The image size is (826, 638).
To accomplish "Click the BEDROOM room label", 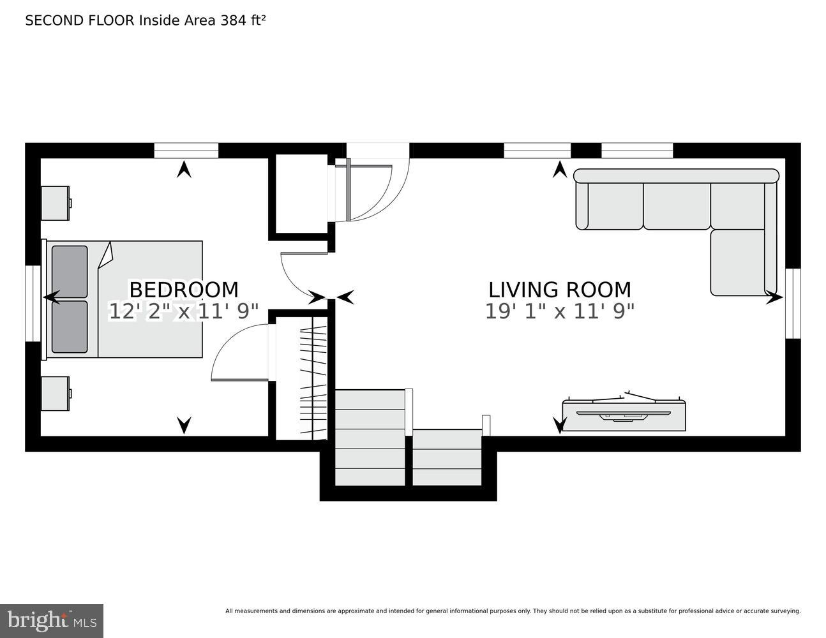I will click(x=184, y=290).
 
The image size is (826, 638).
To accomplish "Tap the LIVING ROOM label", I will click(x=560, y=290).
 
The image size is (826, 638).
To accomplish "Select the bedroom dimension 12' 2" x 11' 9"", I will click(x=184, y=311).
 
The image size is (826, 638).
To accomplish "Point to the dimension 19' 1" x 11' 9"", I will click(x=560, y=311).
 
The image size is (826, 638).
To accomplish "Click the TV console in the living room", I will click(x=624, y=415).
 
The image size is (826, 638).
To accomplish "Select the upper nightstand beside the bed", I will click(x=55, y=203).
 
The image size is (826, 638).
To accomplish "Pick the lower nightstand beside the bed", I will click(x=55, y=393).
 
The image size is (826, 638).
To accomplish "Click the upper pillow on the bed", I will click(x=70, y=271).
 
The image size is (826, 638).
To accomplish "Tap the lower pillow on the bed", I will click(x=70, y=327).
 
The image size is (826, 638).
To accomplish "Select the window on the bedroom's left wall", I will click(x=33, y=303).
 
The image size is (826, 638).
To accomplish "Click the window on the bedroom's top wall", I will click(x=186, y=151).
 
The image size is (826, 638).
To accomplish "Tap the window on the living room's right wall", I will click(x=793, y=303).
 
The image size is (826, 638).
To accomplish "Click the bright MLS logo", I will click(x=52, y=621).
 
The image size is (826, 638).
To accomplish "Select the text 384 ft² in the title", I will click(x=243, y=20).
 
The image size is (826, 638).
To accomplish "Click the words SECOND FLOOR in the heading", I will click(x=80, y=20).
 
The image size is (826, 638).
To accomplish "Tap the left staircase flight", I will click(x=370, y=437).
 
